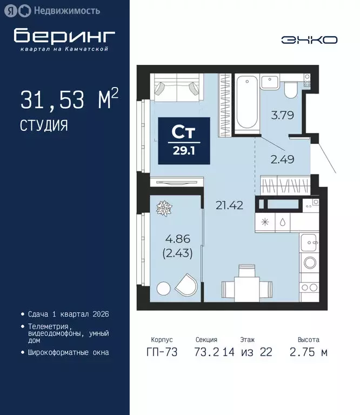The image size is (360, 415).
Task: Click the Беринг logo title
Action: [64, 36]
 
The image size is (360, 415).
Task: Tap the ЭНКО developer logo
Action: [309, 39]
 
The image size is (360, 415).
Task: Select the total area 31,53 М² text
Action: [69, 100]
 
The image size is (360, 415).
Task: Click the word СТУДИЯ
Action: [44, 126]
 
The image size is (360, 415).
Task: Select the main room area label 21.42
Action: [226, 205]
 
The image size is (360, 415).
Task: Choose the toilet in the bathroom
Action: [291, 88]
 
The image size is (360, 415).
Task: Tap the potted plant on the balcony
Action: [163, 207]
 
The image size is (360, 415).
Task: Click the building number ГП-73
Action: [162, 353]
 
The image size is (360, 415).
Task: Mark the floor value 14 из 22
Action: [248, 353]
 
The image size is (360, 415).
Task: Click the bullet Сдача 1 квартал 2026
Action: [68, 314]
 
